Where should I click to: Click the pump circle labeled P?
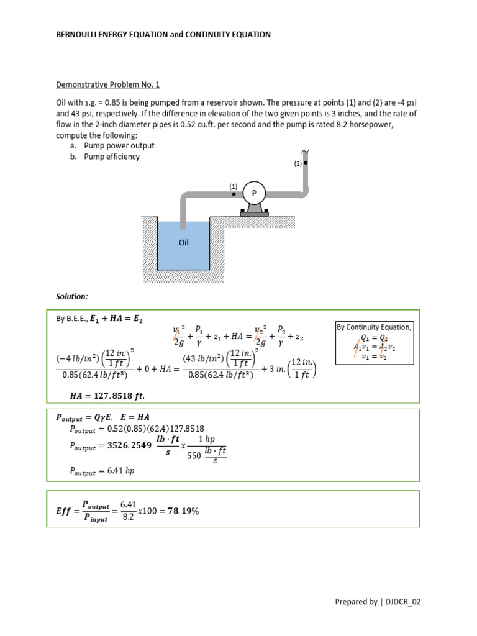tap(253, 194)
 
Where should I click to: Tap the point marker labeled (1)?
tap(234, 194)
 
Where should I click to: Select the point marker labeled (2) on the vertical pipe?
tap(306, 163)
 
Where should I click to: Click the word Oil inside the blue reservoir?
tap(183, 243)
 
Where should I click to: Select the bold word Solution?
tap(72, 297)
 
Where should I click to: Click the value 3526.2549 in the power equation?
tap(130, 445)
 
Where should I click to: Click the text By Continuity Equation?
tap(373, 327)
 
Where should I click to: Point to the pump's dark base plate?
tap(253, 214)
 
